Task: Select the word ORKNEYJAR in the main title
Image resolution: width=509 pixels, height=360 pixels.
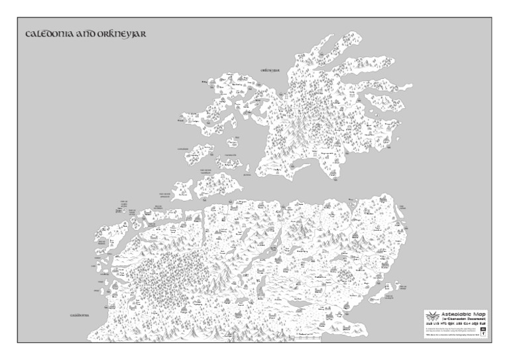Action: click(x=121, y=33)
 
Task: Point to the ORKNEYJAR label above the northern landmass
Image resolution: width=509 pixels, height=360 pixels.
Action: click(x=270, y=69)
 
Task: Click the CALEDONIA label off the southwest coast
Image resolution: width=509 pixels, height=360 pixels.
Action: click(x=80, y=316)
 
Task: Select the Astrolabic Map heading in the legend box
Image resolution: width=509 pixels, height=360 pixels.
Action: click(x=463, y=315)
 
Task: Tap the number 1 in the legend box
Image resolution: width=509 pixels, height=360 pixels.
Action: click(x=484, y=333)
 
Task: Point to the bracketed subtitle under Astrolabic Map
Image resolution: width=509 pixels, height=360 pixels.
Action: click(x=463, y=320)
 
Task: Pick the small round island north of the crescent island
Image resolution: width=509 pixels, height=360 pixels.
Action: click(x=233, y=143)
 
